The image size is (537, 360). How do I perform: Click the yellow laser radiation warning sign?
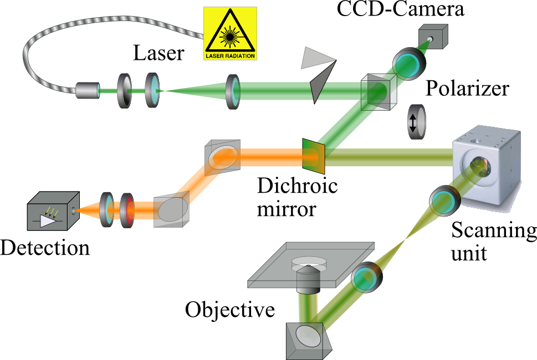(231, 33)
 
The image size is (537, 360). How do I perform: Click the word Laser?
(158, 54)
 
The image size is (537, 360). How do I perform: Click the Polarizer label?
(467, 88)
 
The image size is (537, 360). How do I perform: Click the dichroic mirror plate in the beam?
(311, 154)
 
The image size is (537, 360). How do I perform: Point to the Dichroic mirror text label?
(297, 197)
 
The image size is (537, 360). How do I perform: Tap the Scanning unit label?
(493, 241)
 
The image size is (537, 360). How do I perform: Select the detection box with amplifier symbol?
(52, 210)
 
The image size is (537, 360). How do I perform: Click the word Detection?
(45, 247)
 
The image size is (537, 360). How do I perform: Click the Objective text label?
(230, 309)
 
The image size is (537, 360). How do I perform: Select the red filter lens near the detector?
(127, 210)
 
